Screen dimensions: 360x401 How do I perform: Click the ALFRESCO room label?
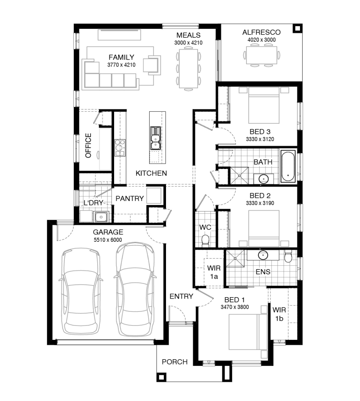(x=261, y=32)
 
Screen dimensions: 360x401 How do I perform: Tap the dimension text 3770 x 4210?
(x=121, y=65)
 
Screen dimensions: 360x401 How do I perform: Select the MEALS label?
(x=188, y=35)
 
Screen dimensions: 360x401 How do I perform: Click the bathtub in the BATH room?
(x=288, y=166)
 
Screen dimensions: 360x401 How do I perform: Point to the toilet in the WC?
(x=205, y=241)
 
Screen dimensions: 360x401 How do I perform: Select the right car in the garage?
(x=135, y=289)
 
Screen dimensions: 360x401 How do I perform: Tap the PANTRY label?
(x=130, y=199)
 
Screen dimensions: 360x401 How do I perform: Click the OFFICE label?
(x=88, y=145)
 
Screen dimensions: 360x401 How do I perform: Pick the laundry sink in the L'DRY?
(x=101, y=217)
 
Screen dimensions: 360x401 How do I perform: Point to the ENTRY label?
(x=181, y=296)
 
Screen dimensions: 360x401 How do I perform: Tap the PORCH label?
(x=174, y=362)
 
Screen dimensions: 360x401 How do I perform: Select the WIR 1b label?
(x=279, y=315)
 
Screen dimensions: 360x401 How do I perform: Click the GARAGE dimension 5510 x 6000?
(x=108, y=240)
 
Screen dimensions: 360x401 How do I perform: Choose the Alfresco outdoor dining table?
(x=261, y=55)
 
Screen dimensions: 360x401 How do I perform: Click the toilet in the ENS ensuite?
(x=288, y=256)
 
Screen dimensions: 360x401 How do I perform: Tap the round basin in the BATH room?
(x=263, y=178)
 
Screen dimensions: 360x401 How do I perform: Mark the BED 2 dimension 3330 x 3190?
(x=260, y=203)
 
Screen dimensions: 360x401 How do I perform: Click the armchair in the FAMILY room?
(x=152, y=65)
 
